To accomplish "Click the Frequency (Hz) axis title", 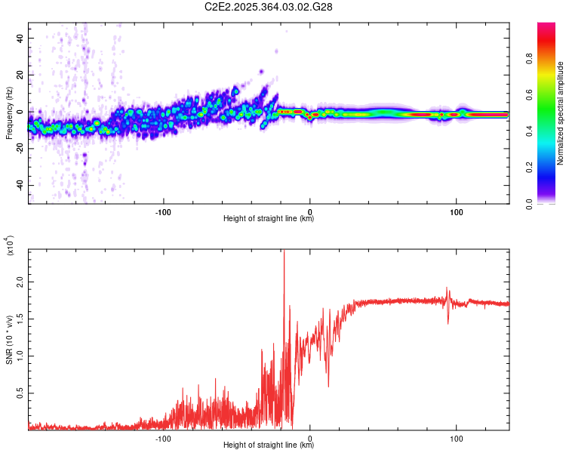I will [9, 113].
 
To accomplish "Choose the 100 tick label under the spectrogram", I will [456, 211].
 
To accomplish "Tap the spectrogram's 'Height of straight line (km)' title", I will [269, 219].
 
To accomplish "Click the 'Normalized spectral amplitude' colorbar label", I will [561, 113].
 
